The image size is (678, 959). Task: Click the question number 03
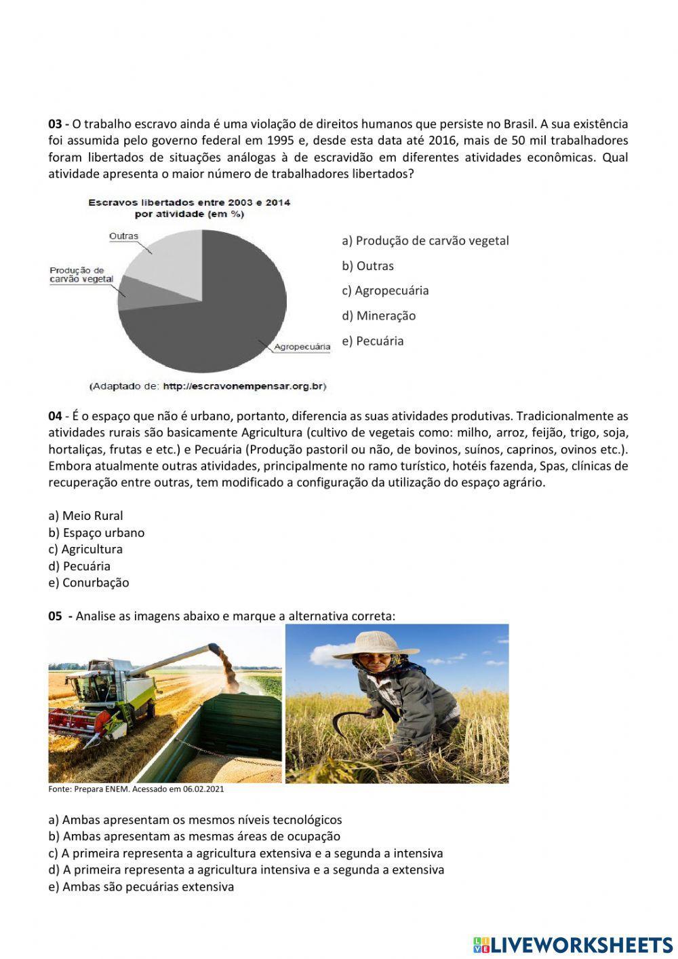(55, 124)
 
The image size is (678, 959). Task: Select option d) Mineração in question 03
(378, 316)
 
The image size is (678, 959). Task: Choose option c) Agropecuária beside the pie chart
(384, 290)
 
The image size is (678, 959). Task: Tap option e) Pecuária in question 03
(372, 341)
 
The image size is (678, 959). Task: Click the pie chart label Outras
(123, 236)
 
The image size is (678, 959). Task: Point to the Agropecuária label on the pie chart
(302, 347)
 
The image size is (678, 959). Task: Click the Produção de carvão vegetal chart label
(81, 275)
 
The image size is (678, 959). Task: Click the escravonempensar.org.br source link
(244, 386)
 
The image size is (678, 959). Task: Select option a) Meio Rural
(85, 516)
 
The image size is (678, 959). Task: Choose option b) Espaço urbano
(96, 533)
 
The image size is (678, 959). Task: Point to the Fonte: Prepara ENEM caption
(136, 789)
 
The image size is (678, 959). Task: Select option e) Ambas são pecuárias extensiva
(141, 886)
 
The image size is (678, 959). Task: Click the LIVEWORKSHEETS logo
(572, 944)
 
